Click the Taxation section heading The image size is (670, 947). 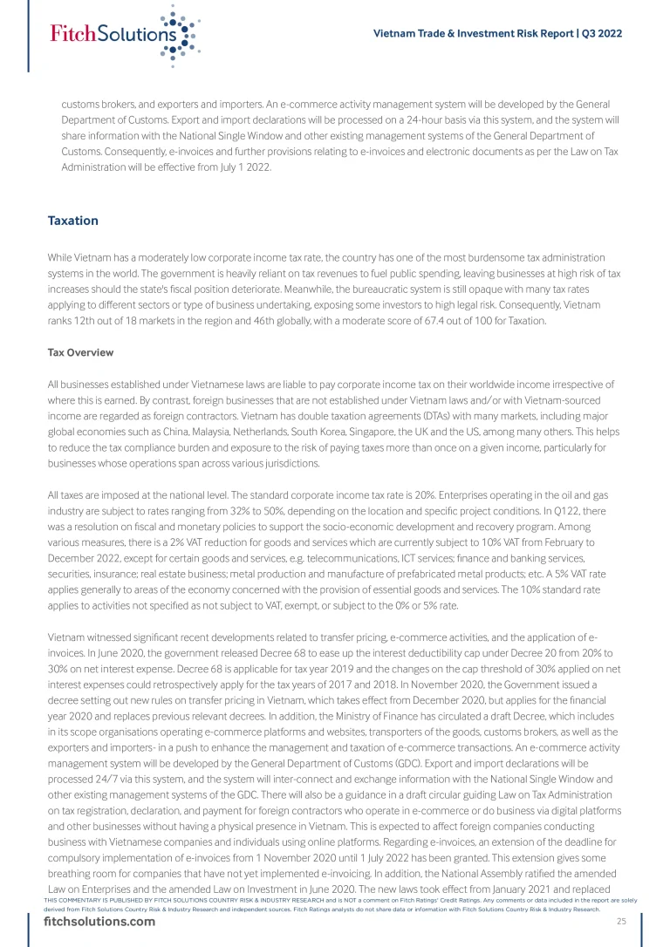click(72, 221)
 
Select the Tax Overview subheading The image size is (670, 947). click(80, 352)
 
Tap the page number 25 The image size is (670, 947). click(621, 922)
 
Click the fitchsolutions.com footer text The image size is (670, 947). click(99, 922)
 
